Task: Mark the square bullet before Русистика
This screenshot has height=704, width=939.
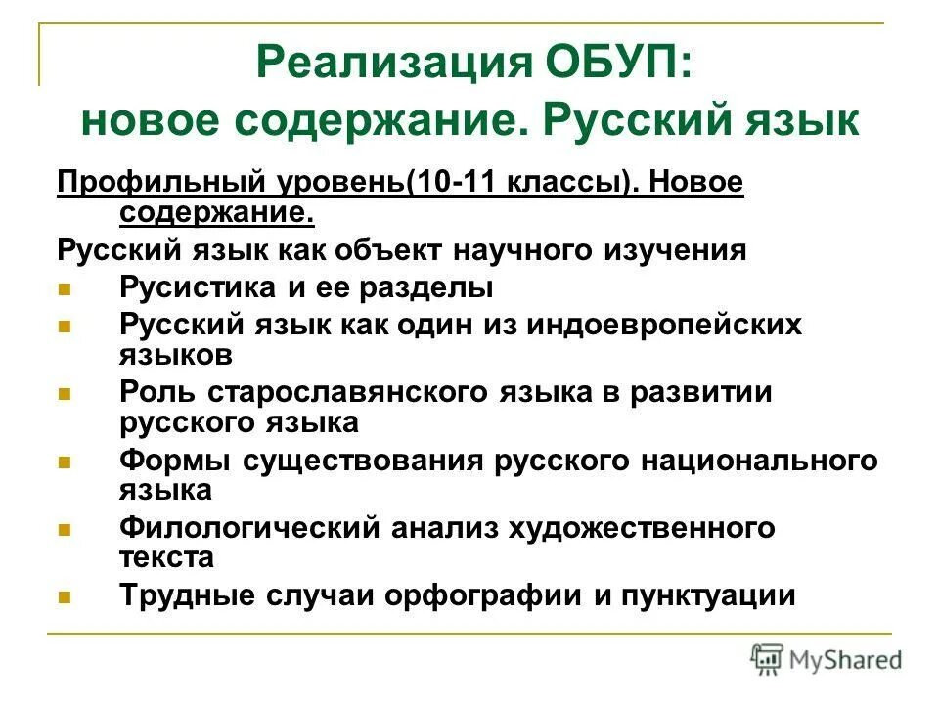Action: click(66, 289)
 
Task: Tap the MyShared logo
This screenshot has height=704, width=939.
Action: click(827, 660)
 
